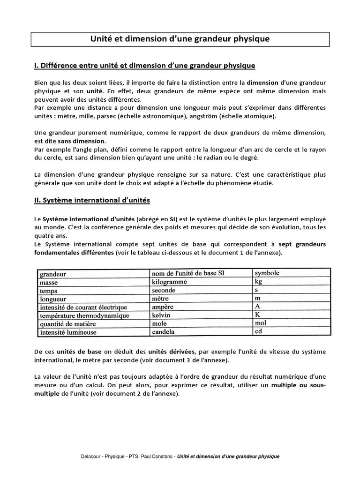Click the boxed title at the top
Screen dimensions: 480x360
click(x=180, y=39)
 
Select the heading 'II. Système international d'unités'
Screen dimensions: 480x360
click(x=92, y=200)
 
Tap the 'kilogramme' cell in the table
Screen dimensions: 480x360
click(x=169, y=282)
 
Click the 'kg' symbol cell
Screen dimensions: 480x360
click(x=258, y=281)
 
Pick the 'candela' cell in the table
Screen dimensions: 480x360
click(x=163, y=332)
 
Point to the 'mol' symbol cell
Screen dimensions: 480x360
click(x=260, y=323)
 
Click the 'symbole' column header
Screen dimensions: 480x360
click(x=267, y=273)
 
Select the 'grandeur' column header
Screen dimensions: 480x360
click(x=53, y=274)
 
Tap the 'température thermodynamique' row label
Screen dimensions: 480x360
click(x=84, y=316)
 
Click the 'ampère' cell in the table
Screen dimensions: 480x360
click(x=163, y=307)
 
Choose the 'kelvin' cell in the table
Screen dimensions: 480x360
click(x=161, y=315)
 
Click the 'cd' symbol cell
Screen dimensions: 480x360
click(x=258, y=331)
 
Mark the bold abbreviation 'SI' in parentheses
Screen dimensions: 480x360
click(x=173, y=219)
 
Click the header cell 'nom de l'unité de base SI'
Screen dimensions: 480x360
click(x=191, y=273)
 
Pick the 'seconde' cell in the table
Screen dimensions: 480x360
click(x=164, y=290)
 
